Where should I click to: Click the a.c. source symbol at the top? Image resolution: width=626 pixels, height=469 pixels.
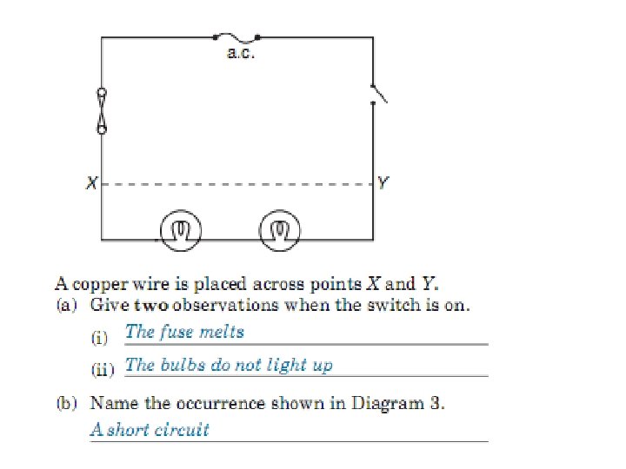coord(236,37)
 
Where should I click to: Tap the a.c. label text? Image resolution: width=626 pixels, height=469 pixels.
coord(239,54)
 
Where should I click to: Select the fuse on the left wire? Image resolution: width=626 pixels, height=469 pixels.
coord(102,111)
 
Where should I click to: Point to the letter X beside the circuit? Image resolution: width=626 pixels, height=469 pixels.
coord(90,184)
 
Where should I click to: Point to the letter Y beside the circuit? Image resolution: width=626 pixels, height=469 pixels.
coord(383,184)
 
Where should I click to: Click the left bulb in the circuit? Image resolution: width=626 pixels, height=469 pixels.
coord(180,229)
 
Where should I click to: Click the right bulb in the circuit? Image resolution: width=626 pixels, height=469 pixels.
coord(279,229)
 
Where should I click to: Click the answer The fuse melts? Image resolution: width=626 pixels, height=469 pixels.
coord(184,331)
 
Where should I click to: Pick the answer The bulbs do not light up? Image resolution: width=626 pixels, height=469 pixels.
coord(229,364)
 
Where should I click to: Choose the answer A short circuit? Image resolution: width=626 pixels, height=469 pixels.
coord(150,429)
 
